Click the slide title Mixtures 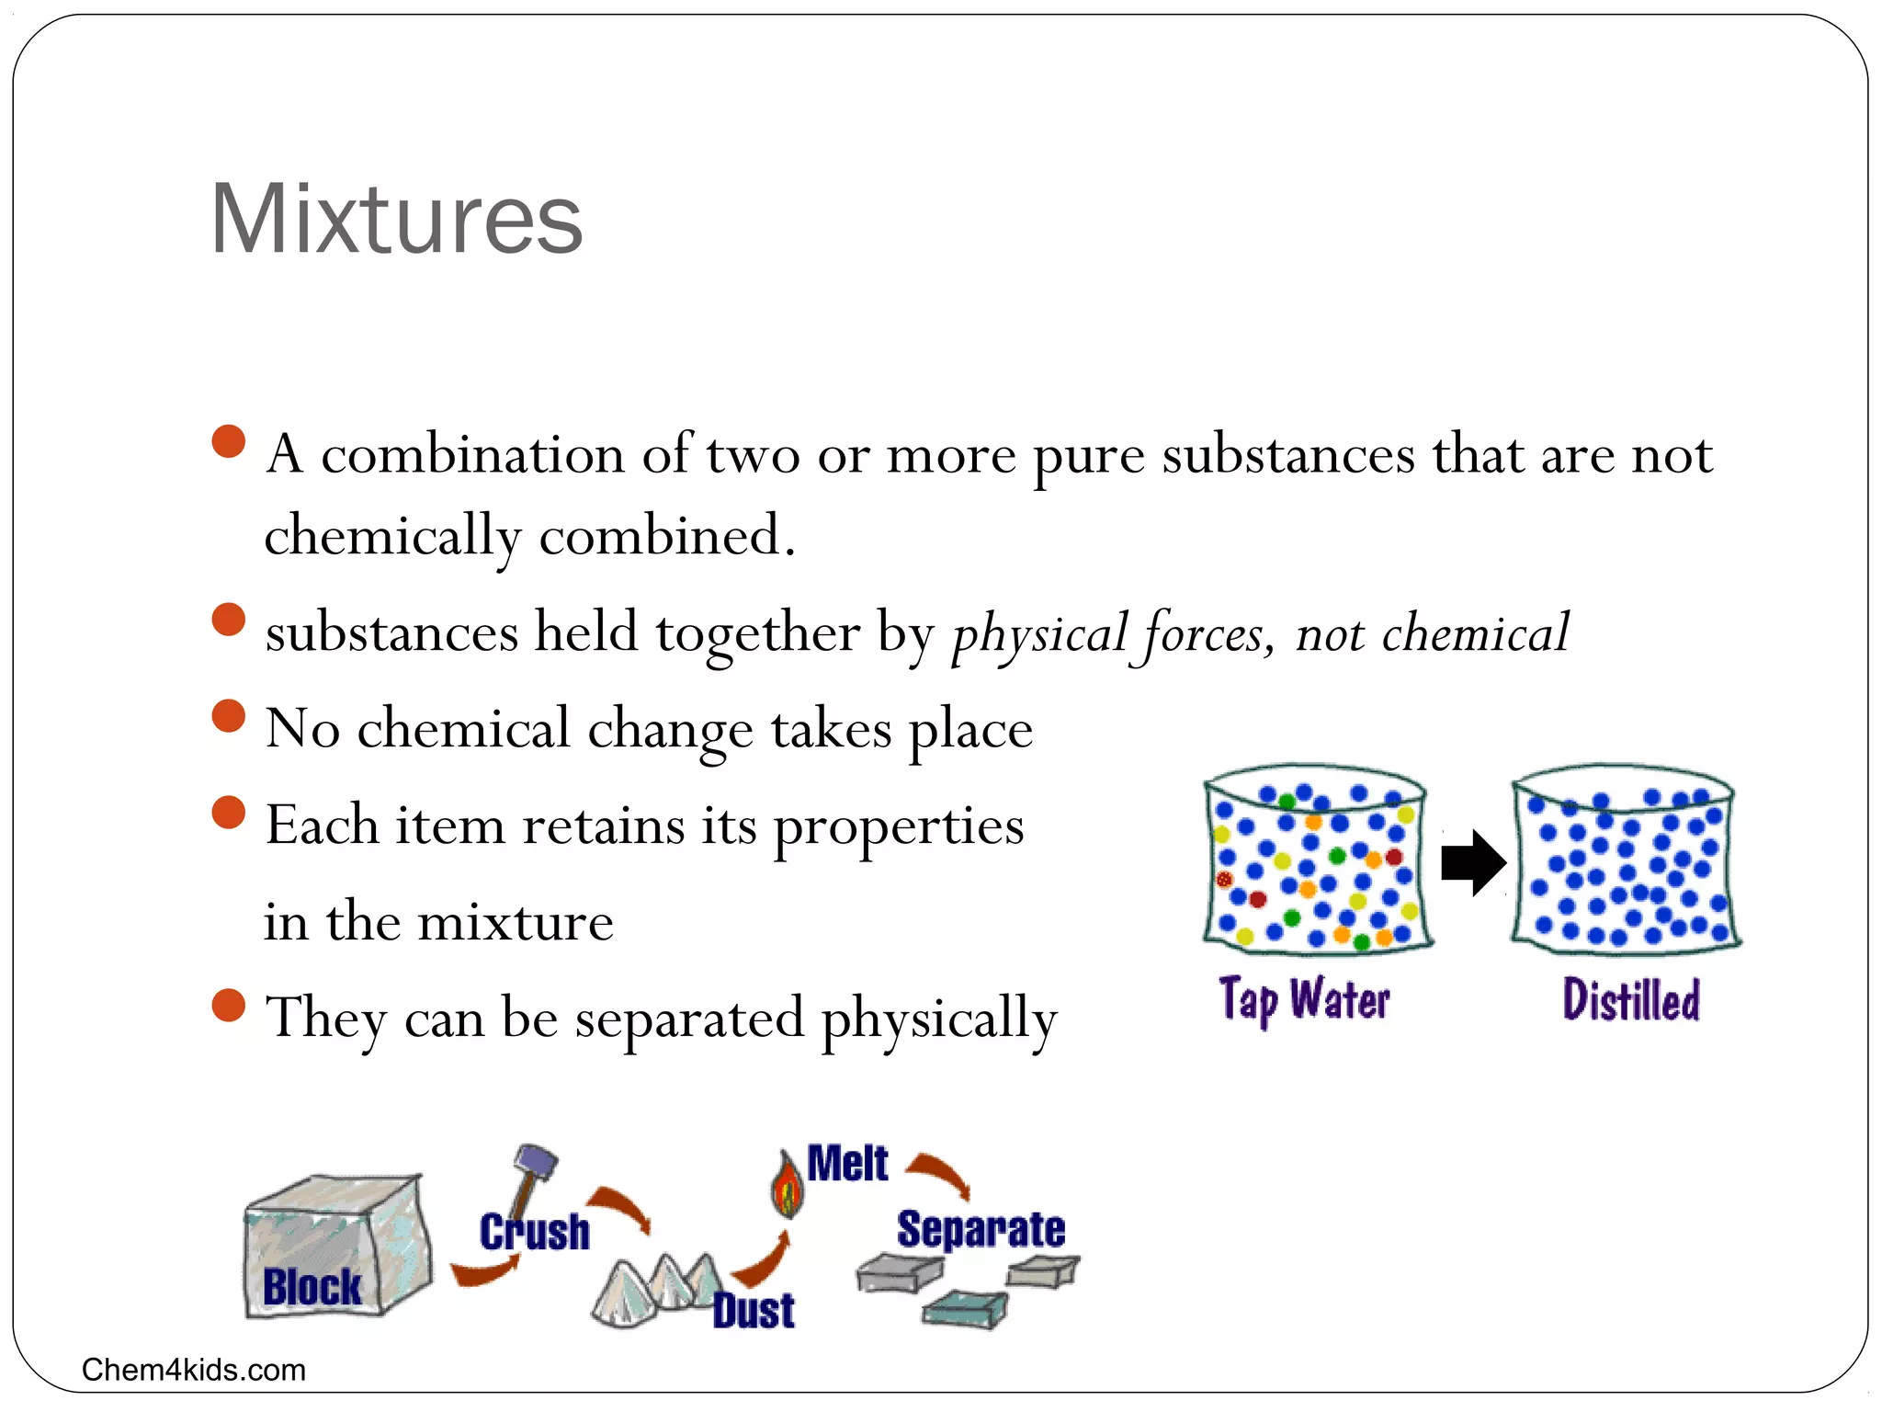click(x=396, y=220)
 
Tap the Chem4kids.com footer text click(x=193, y=1370)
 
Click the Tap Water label click(x=1304, y=999)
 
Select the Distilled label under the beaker click(x=1631, y=999)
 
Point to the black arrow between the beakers click(x=1472, y=862)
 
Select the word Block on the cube click(x=312, y=1286)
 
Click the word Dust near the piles click(x=754, y=1310)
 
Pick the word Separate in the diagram click(x=981, y=1230)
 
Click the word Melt click(x=847, y=1164)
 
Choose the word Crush click(x=534, y=1233)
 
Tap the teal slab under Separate click(x=965, y=1307)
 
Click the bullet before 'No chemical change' click(x=229, y=715)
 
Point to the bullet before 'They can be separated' click(x=229, y=1005)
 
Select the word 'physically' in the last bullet click(x=938, y=1019)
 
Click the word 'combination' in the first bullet click(x=472, y=454)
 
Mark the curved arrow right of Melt click(x=939, y=1175)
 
